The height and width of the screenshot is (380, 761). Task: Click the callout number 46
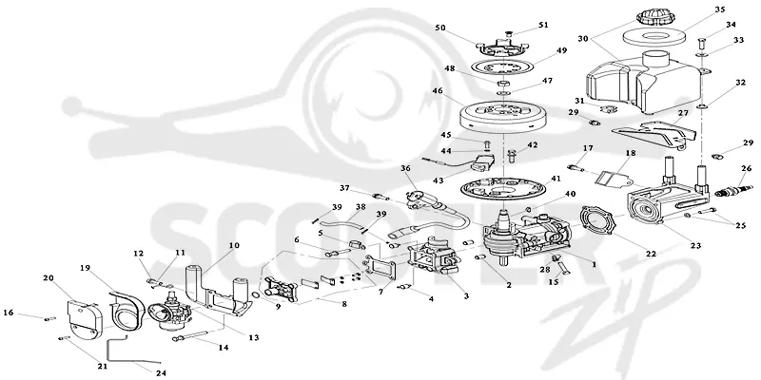(438, 90)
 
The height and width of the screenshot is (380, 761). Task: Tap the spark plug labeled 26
(733, 190)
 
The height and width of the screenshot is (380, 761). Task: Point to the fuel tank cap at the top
(654, 16)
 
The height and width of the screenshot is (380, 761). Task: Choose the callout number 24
(161, 372)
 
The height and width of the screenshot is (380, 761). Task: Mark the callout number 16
(9, 313)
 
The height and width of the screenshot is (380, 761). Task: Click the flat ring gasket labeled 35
(654, 36)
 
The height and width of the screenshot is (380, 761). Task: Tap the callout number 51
(543, 25)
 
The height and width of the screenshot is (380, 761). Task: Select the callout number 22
(651, 254)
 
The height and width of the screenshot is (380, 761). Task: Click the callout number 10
(234, 245)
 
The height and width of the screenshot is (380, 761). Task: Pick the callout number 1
(593, 265)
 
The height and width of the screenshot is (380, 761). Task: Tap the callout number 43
(438, 180)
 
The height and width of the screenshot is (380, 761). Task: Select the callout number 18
(630, 153)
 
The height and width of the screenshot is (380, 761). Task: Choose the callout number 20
(49, 277)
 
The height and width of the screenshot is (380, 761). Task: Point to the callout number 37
(344, 188)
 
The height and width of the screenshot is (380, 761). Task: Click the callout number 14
(224, 347)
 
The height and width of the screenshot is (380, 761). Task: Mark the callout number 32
(740, 83)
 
